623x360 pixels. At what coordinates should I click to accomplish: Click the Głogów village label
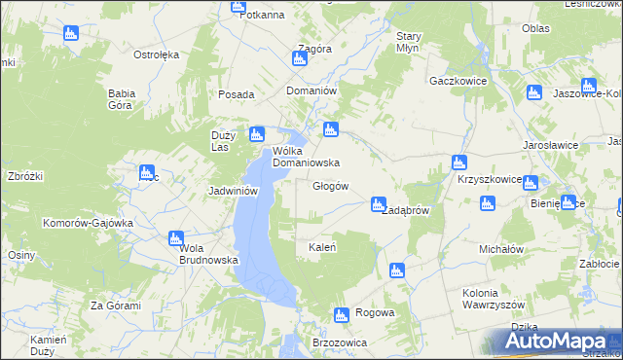click(330, 186)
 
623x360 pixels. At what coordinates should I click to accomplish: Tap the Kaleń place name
click(322, 247)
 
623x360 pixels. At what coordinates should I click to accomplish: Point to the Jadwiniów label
click(233, 191)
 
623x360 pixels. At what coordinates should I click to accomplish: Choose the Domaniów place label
click(311, 90)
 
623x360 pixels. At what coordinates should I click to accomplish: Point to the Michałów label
click(501, 249)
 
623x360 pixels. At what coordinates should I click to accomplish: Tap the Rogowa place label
click(375, 312)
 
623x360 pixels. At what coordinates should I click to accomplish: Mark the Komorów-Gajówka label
click(87, 223)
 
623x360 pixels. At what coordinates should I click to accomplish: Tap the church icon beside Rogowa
click(341, 315)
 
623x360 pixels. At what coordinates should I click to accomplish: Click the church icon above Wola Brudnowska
click(176, 237)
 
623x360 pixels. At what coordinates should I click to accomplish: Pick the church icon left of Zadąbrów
click(378, 204)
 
